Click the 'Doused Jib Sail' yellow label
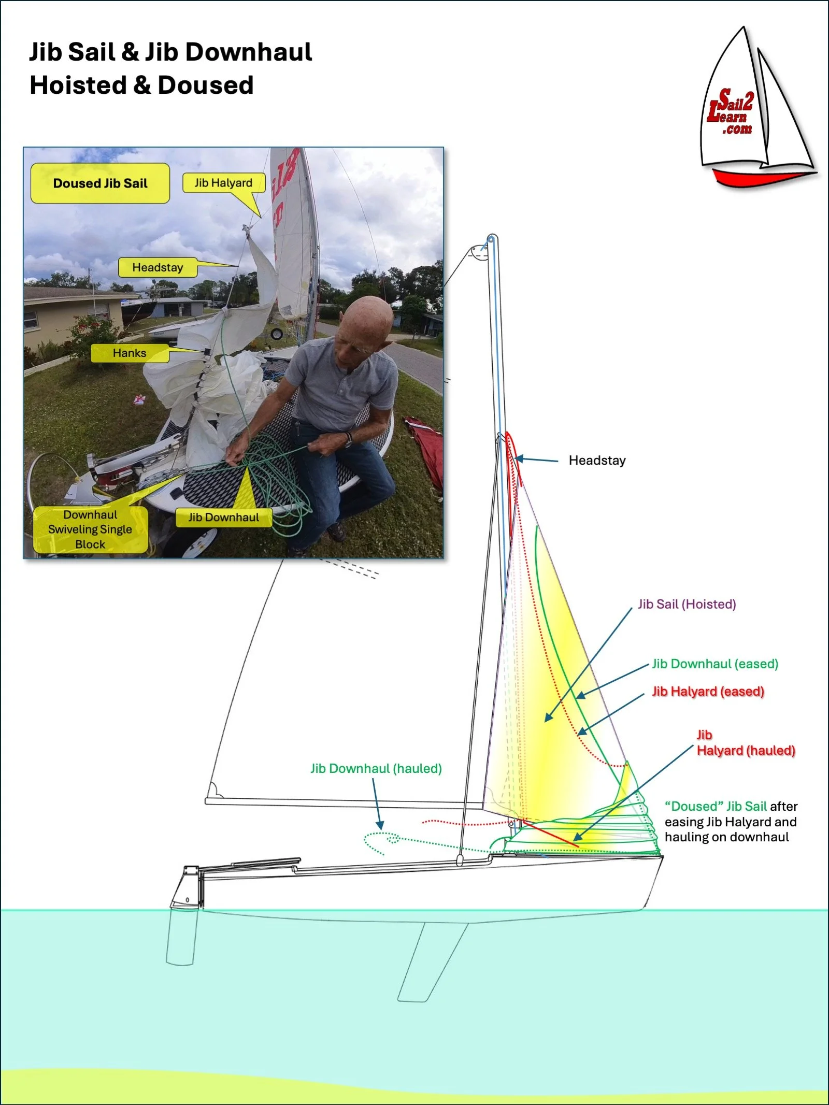pos(100,183)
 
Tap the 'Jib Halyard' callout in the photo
pos(223,183)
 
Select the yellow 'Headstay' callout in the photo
pos(158,267)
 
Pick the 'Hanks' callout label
pos(130,353)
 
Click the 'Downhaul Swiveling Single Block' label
pos(90,529)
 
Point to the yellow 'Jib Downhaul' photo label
pos(223,517)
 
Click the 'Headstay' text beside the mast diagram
pos(597,460)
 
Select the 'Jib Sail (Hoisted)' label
pos(687,604)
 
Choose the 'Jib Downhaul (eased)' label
pos(715,664)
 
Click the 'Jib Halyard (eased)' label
pos(708,691)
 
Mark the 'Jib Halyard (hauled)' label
pos(745,743)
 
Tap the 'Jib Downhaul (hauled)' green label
pos(376,768)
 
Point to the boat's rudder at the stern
pos(181,932)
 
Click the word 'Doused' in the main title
pos(205,85)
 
